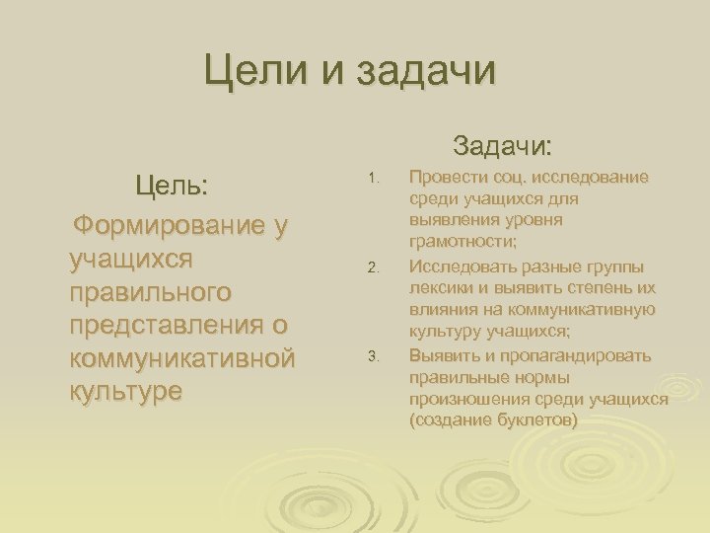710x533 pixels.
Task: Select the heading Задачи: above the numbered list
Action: click(503, 147)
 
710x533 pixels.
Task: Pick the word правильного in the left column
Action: click(151, 292)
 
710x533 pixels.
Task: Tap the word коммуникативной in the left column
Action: click(182, 357)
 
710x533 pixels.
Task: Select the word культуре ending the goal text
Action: click(126, 390)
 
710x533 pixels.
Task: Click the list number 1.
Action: click(372, 179)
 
